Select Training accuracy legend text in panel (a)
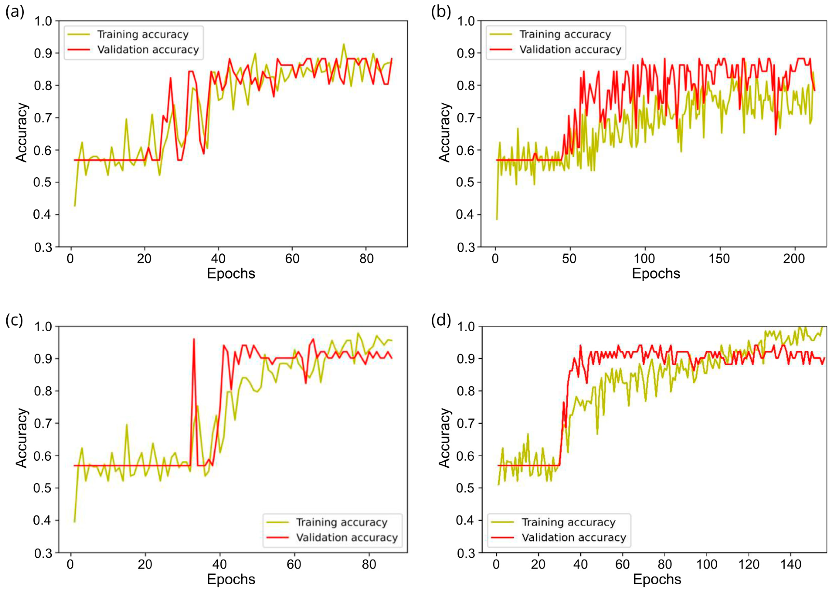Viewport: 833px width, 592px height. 143,35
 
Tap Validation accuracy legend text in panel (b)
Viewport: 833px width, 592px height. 570,50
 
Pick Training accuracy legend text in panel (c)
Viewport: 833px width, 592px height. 341,522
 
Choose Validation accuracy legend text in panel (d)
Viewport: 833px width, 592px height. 574,538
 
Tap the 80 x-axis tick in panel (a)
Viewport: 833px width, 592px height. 366,259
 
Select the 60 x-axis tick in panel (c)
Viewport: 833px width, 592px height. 294,565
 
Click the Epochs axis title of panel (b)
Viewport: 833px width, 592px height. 656,273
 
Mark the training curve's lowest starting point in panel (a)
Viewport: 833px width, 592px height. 75,206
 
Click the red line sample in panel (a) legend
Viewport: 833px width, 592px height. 79,50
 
